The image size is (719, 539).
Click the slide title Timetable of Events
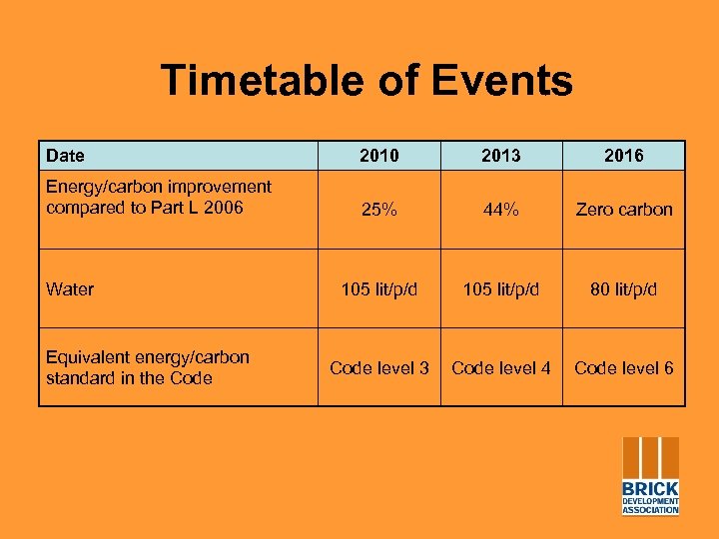(x=366, y=81)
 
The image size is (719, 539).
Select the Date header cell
(x=66, y=156)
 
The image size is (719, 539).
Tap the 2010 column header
(x=378, y=156)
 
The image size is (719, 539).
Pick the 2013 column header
(x=501, y=156)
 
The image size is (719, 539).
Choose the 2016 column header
(x=623, y=156)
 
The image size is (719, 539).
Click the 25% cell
(x=378, y=210)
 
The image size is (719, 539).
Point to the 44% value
(x=501, y=210)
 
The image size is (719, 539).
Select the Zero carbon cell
(x=623, y=210)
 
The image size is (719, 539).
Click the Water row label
(x=70, y=289)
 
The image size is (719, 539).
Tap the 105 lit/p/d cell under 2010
(x=378, y=289)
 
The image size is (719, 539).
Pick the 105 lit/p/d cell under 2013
(x=501, y=289)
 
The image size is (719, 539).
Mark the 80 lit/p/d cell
(x=623, y=289)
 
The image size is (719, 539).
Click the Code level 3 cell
(x=378, y=368)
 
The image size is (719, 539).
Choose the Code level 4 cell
(x=501, y=368)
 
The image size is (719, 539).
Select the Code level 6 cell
(x=623, y=368)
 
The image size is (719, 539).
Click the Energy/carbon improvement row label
(x=158, y=197)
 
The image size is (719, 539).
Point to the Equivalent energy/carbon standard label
(x=148, y=367)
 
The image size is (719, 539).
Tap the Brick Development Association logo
(x=650, y=476)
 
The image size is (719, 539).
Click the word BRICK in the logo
(x=650, y=489)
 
